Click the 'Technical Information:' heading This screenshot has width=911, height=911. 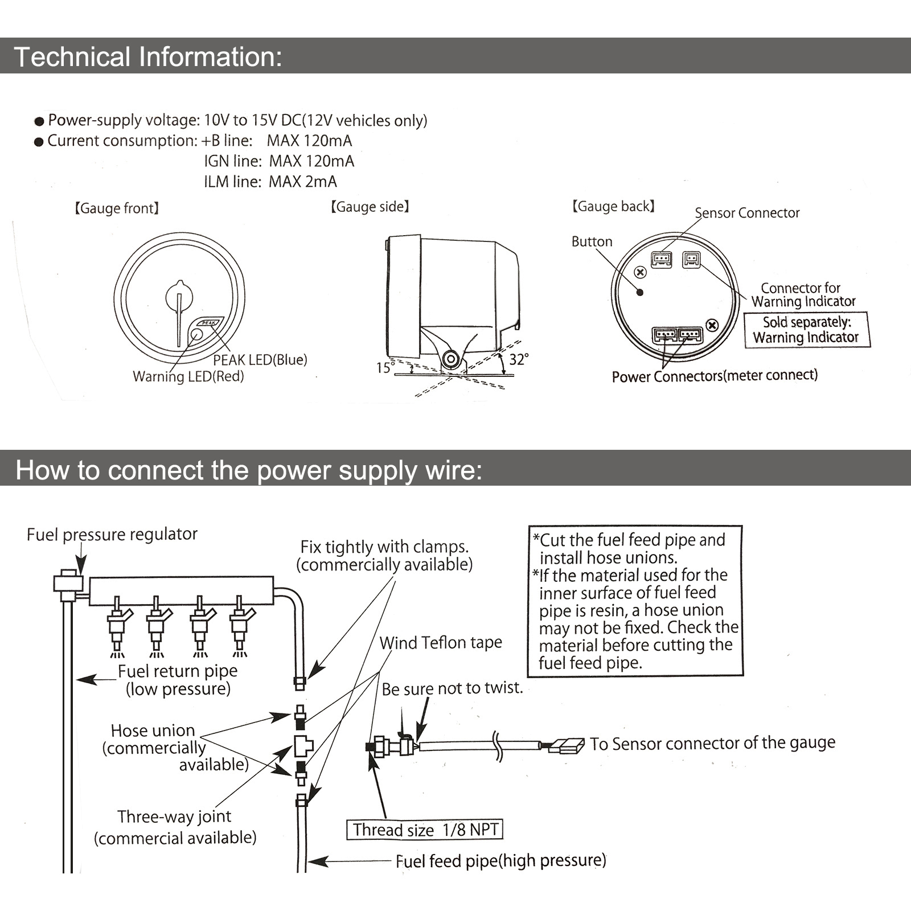click(x=147, y=57)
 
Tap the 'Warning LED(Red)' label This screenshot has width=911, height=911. click(x=188, y=376)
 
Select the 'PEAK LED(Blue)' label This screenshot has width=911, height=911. click(x=260, y=360)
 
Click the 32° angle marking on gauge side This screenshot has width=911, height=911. click(x=519, y=359)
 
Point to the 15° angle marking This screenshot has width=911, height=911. click(x=385, y=368)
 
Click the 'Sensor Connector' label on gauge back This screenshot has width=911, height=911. click(x=747, y=213)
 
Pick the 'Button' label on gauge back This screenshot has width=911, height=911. click(x=592, y=241)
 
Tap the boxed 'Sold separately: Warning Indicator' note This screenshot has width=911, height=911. click(x=806, y=330)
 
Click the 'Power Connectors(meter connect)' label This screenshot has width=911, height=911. click(x=715, y=376)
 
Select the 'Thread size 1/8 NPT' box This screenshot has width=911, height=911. click(x=425, y=830)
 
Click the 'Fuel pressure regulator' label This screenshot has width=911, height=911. click(x=112, y=534)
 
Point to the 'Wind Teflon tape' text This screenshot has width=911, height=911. click(x=441, y=643)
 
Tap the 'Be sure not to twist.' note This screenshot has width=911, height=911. click(x=452, y=688)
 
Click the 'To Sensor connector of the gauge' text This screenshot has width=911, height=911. click(x=712, y=743)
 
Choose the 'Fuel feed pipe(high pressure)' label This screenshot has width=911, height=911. click(x=500, y=860)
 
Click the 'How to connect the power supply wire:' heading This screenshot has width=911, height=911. click(x=249, y=470)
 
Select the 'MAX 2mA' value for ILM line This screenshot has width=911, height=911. click(x=303, y=182)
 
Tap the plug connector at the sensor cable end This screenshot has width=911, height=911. click(x=567, y=745)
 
